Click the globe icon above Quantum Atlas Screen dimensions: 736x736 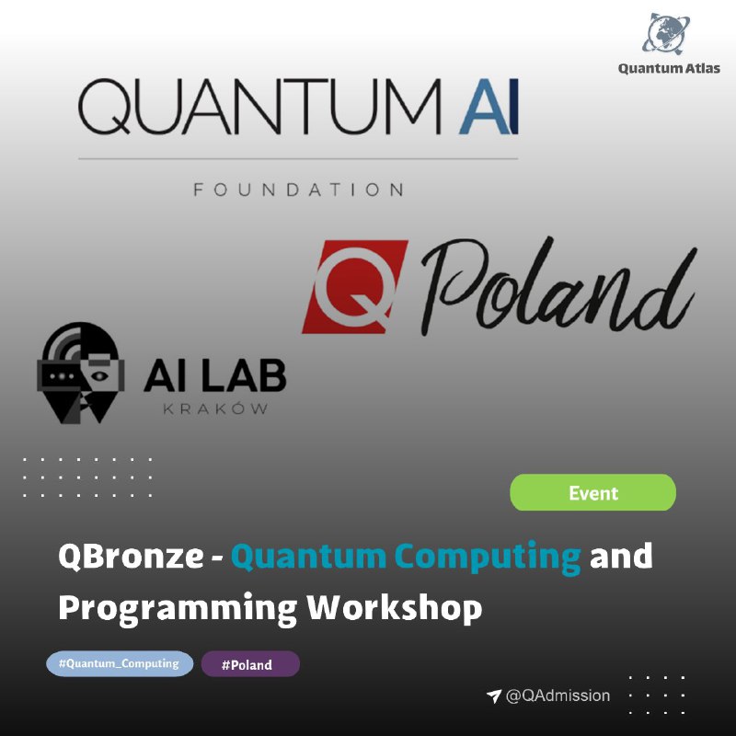pyautogui.click(x=666, y=33)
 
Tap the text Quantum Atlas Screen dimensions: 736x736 pyautogui.click(x=669, y=68)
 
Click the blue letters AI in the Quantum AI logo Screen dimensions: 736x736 pyautogui.click(x=489, y=107)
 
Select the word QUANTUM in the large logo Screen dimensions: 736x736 pyautogui.click(x=259, y=107)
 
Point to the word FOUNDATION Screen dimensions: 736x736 pyautogui.click(x=298, y=190)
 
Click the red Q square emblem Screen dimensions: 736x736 pyautogui.click(x=354, y=286)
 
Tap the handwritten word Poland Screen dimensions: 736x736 pyautogui.click(x=558, y=285)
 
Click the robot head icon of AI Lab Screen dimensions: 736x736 pyautogui.click(x=81, y=373)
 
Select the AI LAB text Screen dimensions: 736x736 pyautogui.click(x=215, y=375)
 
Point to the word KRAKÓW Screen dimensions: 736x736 pyautogui.click(x=215, y=408)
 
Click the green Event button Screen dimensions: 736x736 pyautogui.click(x=592, y=492)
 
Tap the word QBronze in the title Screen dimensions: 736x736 pyautogui.click(x=131, y=557)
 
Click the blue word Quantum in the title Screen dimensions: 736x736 pyautogui.click(x=308, y=557)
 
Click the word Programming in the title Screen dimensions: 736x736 pyautogui.click(x=178, y=610)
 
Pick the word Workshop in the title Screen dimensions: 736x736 pyautogui.click(x=395, y=608)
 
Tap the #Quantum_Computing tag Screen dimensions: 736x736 pyautogui.click(x=120, y=663)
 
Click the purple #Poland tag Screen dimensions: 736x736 pyautogui.click(x=250, y=664)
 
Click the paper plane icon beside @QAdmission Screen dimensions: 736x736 pyautogui.click(x=494, y=696)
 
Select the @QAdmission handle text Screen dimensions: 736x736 pyautogui.click(x=558, y=696)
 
